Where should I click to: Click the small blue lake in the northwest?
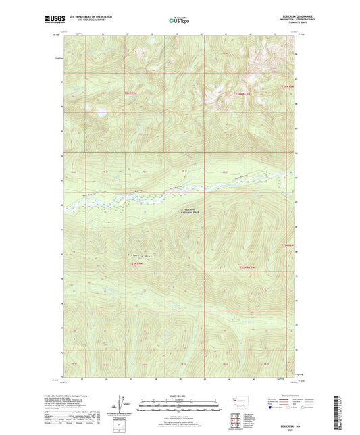click(x=101, y=112)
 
